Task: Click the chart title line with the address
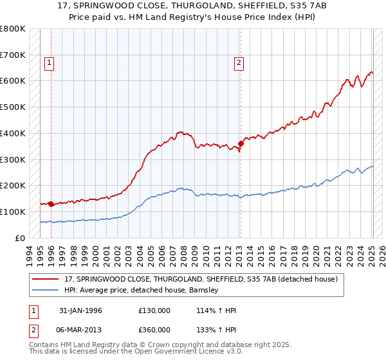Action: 193,7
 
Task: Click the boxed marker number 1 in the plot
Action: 50,63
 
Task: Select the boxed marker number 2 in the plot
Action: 239,63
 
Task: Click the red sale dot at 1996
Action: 51,204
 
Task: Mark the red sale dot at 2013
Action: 241,143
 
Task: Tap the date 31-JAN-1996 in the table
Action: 80,310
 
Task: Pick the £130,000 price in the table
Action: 154,310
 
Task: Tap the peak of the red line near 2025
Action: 371,71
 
